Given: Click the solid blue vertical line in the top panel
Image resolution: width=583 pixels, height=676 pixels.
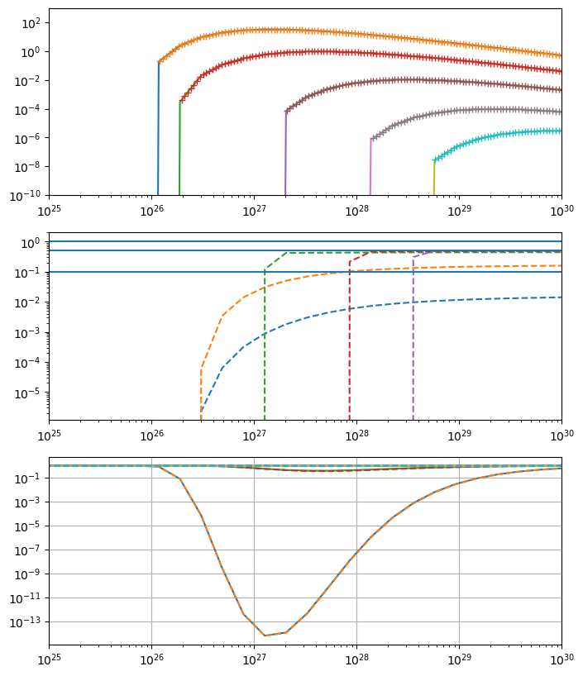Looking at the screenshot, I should coord(158,132).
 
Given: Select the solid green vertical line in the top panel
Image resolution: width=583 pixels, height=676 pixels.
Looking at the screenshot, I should coord(179,149).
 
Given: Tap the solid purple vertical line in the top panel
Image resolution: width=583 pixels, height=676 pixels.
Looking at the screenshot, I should coord(285,157).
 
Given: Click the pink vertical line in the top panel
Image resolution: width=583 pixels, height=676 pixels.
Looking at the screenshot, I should coord(370,169).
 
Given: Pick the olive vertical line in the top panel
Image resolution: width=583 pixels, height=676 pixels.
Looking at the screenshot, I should coord(434,179).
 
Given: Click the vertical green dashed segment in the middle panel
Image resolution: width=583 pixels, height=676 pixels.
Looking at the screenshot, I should coord(265,347).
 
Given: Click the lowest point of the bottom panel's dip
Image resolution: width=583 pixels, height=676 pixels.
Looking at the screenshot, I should coord(265,635).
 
